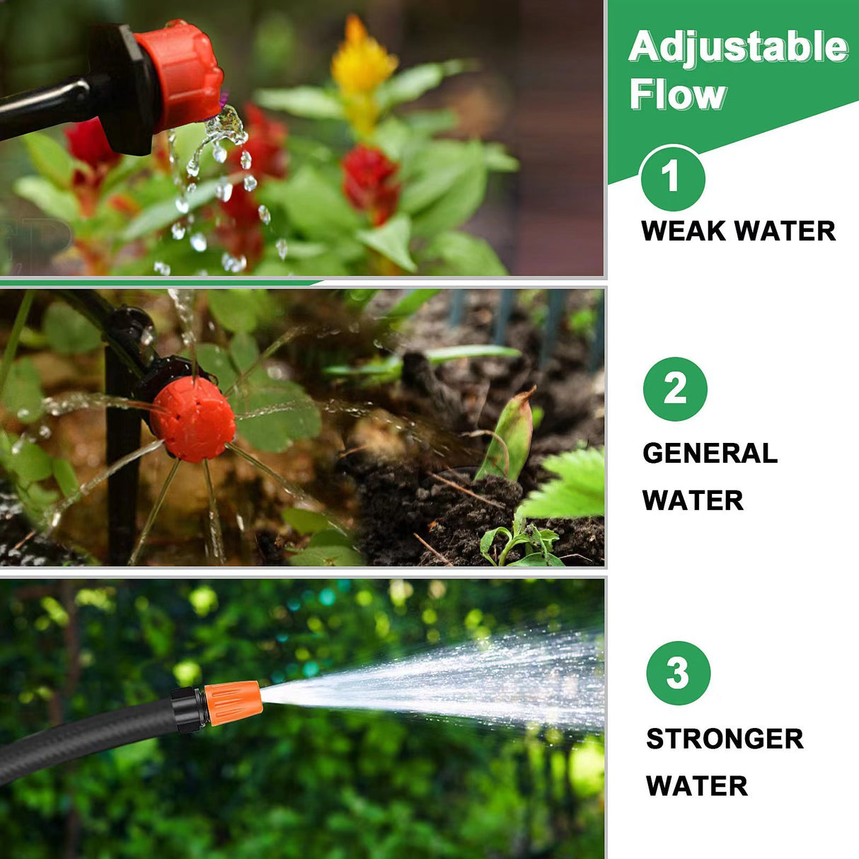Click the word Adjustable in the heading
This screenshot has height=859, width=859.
point(738,47)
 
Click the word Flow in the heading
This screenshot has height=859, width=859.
point(678,95)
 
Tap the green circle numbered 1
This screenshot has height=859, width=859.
point(672,178)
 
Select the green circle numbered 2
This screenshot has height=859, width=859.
point(675,389)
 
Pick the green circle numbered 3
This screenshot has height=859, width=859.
point(678,673)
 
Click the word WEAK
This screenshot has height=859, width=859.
point(683,231)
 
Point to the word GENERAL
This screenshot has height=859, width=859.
point(710,453)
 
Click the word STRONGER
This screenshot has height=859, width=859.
point(725,739)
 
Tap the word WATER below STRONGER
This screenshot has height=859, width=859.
point(696,786)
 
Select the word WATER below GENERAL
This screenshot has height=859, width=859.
point(693,500)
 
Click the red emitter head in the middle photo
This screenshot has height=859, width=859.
point(192,419)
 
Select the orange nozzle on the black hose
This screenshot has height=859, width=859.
point(233,703)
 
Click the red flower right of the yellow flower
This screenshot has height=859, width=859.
point(369,180)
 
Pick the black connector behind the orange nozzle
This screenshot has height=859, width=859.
point(189,709)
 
